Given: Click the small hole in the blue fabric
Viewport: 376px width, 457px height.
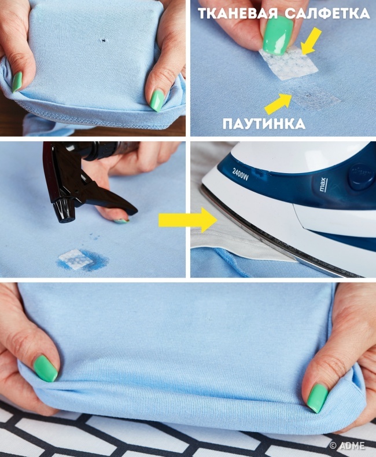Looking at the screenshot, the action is (x=103, y=41).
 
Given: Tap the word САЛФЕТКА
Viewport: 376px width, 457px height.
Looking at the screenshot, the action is (x=327, y=13).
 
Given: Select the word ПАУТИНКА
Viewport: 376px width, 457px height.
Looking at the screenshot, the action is (x=264, y=124).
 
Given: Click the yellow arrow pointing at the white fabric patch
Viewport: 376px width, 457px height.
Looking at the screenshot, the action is (x=311, y=42).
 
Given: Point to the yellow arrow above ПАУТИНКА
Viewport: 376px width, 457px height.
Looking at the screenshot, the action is (x=278, y=103).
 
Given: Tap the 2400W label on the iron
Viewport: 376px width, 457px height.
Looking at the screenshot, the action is (x=241, y=174).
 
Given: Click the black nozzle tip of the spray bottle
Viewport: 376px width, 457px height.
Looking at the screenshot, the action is (x=64, y=212).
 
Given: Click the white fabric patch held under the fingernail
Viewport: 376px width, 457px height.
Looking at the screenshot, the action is (x=288, y=63).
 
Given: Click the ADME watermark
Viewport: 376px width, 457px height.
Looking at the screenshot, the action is (x=347, y=445).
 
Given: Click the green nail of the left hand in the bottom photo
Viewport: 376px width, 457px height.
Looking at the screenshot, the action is (x=45, y=368).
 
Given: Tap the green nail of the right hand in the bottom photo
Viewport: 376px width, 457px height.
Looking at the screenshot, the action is (x=317, y=398).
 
